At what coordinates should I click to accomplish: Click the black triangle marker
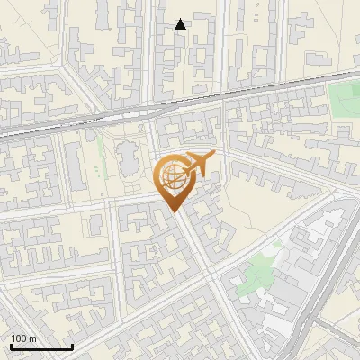[x=181, y=24]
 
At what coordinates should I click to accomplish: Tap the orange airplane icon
[x=200, y=165]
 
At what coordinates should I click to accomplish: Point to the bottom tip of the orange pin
[x=175, y=211]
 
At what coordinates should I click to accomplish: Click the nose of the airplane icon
[x=214, y=157]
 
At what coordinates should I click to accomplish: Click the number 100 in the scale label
[x=19, y=338]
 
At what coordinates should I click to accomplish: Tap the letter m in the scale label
[x=32, y=338]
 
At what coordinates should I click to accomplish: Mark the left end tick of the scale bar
[x=11, y=346]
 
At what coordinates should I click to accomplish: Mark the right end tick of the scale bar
[x=72, y=346]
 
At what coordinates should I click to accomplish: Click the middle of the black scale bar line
[x=41, y=347]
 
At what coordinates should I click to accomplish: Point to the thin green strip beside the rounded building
[x=113, y=162]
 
